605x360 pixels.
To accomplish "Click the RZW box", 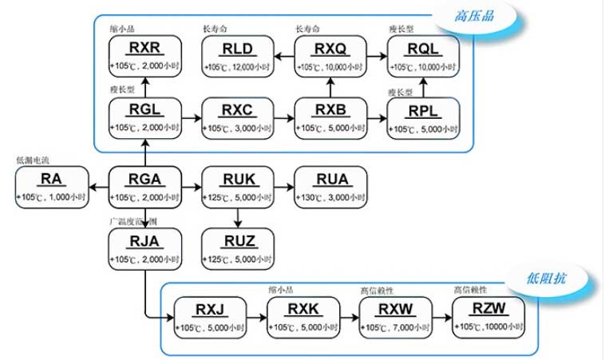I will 488,316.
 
